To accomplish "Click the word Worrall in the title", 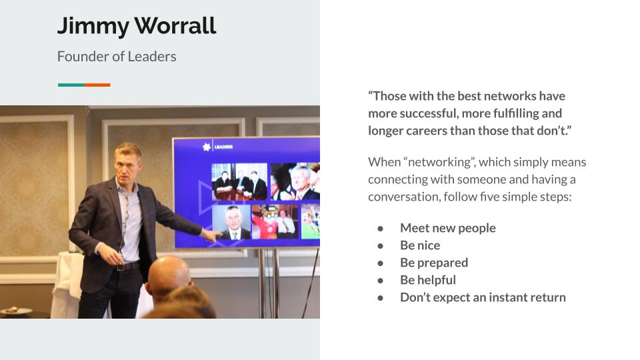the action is [175, 26].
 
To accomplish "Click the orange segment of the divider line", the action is [97, 85].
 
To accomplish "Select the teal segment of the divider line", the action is [71, 85].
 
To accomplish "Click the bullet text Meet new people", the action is [448, 228].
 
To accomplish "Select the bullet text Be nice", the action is [420, 245].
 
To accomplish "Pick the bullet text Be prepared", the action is [434, 263].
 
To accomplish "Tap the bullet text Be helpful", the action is [428, 279].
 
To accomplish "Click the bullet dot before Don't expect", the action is [381, 298].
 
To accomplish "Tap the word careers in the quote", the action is [421, 131].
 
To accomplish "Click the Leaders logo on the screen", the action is [217, 147].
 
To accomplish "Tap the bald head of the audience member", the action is [169, 274].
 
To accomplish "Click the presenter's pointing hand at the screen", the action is [211, 236].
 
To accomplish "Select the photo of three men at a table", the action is [239, 181].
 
